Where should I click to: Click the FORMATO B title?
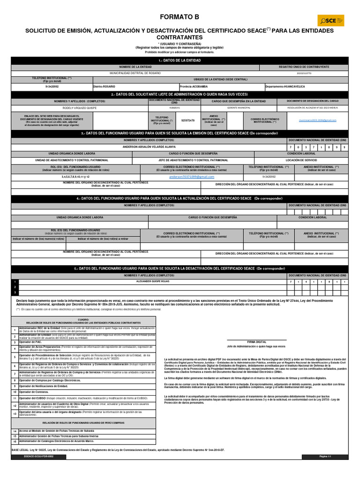tap(180, 17)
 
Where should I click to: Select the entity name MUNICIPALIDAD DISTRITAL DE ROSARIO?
tap(135, 74)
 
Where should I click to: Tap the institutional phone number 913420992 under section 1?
tap(52, 87)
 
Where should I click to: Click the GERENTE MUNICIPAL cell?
tap(239, 107)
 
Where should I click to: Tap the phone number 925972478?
tap(187, 120)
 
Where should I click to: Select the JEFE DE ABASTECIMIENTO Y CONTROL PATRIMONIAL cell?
tap(196, 160)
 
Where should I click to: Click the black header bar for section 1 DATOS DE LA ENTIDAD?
tap(180, 60)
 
